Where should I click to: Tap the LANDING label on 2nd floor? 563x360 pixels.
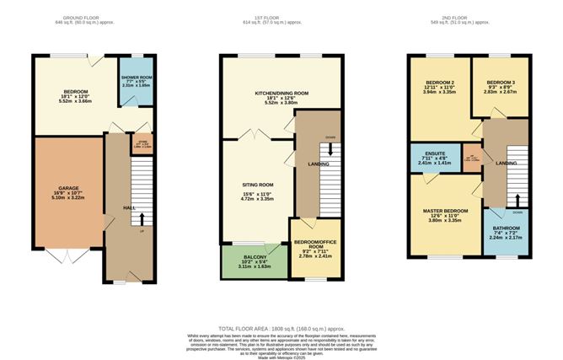[507, 162]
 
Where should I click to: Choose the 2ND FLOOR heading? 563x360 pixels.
[476, 16]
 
